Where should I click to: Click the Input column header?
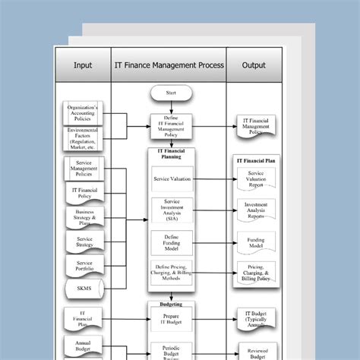click(x=83, y=65)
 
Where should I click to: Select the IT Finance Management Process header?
click(x=169, y=65)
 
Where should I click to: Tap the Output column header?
click(x=254, y=65)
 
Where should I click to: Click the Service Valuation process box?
click(x=172, y=179)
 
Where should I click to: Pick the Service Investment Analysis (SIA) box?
click(x=172, y=210)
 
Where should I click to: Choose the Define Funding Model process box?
click(x=172, y=242)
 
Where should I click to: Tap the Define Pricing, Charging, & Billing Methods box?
click(x=172, y=273)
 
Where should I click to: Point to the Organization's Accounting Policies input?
click(x=84, y=112)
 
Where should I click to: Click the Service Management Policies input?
click(x=84, y=170)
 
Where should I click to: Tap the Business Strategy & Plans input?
click(x=84, y=218)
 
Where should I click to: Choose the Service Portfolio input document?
click(x=84, y=265)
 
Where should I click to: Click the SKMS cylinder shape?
click(x=84, y=289)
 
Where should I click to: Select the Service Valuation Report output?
click(x=256, y=179)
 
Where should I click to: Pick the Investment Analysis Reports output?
click(x=256, y=210)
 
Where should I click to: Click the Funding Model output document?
click(x=256, y=242)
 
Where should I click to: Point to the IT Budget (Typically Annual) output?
click(x=256, y=318)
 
